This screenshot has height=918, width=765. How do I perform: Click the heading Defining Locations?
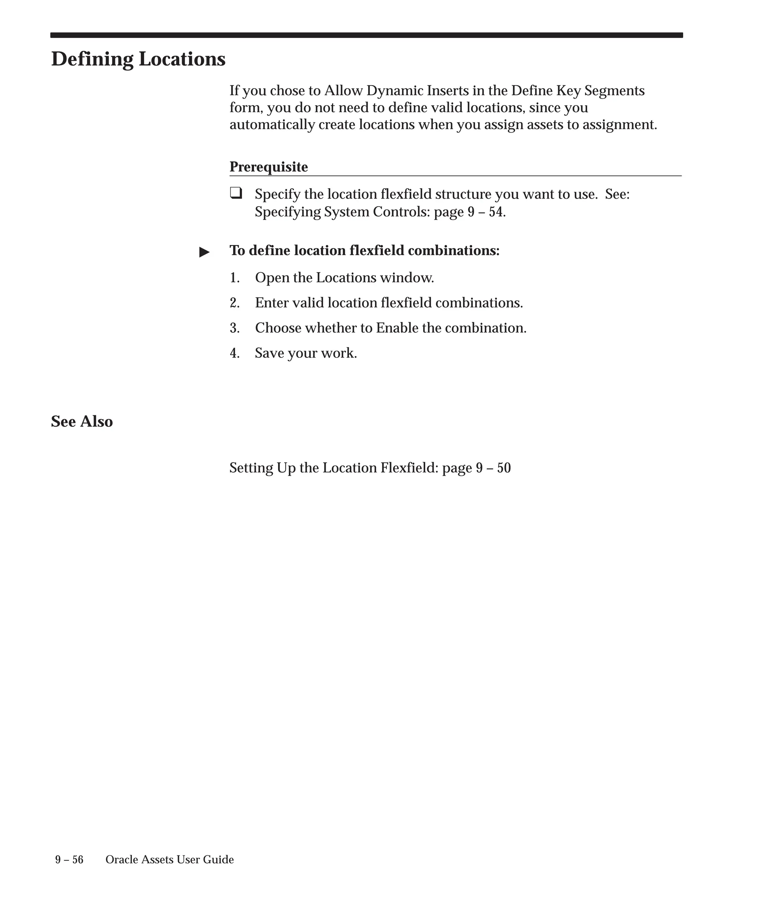click(x=138, y=59)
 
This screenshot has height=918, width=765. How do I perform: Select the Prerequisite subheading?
click(x=269, y=167)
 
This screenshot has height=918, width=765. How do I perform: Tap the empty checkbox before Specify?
click(x=236, y=193)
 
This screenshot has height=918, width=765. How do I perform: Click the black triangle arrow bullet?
click(x=204, y=252)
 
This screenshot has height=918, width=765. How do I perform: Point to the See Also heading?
click(x=82, y=421)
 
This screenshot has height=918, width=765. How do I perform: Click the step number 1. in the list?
click(x=235, y=277)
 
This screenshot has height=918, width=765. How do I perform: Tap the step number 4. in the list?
click(x=235, y=353)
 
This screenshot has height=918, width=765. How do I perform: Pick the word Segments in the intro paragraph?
click(x=614, y=90)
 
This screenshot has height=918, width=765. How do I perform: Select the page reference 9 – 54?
click(x=485, y=212)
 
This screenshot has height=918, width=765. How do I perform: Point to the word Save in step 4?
click(x=269, y=353)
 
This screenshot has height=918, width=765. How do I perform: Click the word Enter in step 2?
click(x=272, y=303)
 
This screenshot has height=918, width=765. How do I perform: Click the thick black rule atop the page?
click(x=366, y=35)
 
